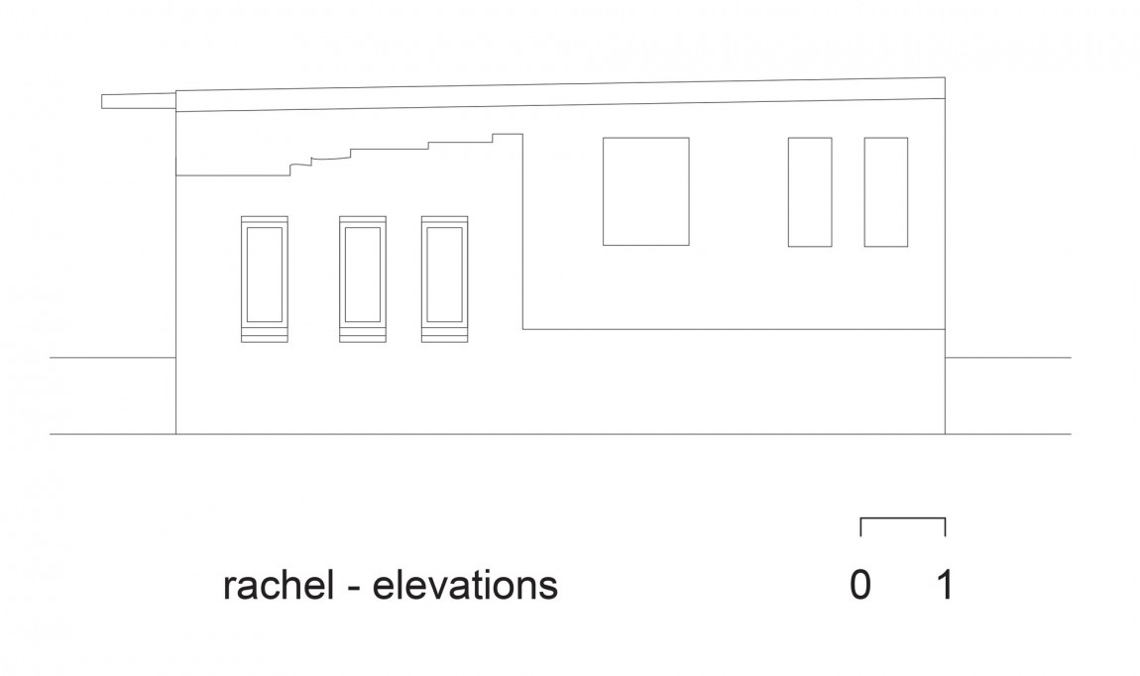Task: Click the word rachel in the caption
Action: pyautogui.click(x=279, y=585)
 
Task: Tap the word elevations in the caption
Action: pyautogui.click(x=465, y=585)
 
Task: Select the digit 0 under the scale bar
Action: pyautogui.click(x=860, y=585)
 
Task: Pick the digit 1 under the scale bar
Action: pyautogui.click(x=945, y=585)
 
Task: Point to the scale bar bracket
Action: pyautogui.click(x=903, y=518)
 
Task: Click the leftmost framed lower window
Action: pyautogui.click(x=241, y=280)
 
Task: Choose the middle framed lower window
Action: pyautogui.click(x=340, y=280)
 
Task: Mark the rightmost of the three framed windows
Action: pyautogui.click(x=421, y=280)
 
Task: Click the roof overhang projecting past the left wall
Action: pyautogui.click(x=139, y=101)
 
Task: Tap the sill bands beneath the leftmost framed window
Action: pyautogui.click(x=265, y=335)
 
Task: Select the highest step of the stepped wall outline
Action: pyautogui.click(x=508, y=134)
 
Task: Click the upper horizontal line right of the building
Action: pyautogui.click(x=1008, y=358)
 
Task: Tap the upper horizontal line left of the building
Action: pyautogui.click(x=113, y=358)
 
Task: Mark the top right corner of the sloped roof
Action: pyautogui.click(x=945, y=77)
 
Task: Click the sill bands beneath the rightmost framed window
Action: pyautogui.click(x=444, y=335)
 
